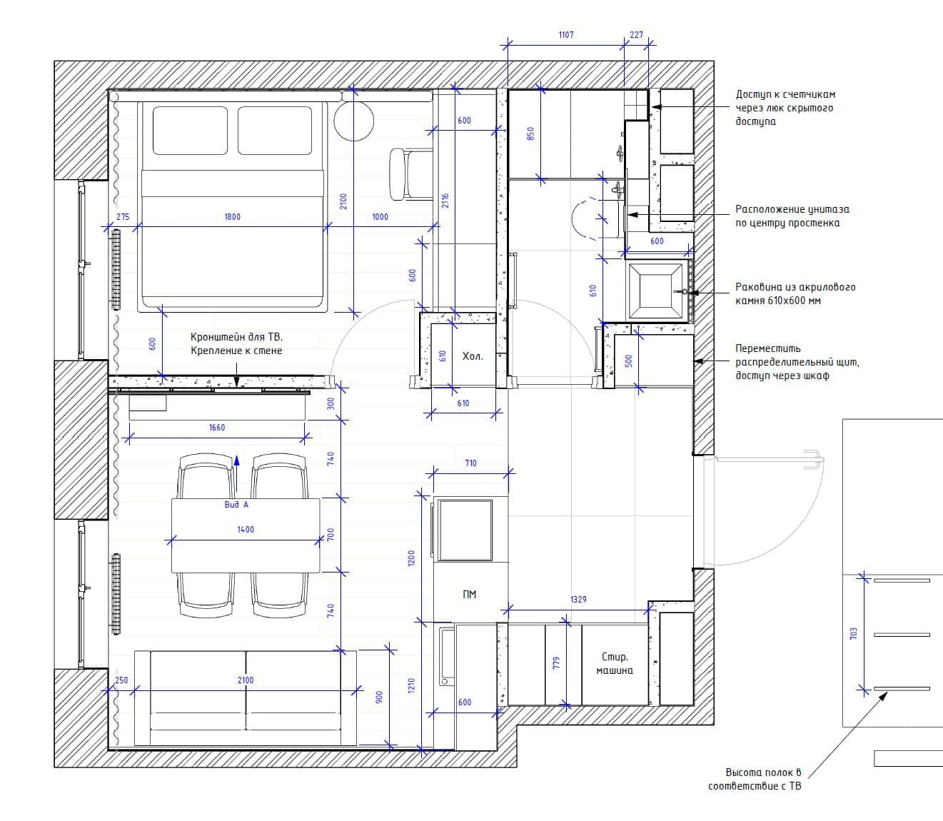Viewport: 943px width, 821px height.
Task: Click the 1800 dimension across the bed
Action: pos(232,216)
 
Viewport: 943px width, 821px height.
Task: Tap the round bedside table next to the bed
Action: pos(353,121)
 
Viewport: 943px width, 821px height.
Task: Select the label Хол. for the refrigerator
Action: pos(473,356)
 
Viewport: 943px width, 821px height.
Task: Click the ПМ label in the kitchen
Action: pos(469,595)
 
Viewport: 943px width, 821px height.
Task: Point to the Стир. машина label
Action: pos(615,663)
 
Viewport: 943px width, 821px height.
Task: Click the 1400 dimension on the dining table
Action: pos(246,530)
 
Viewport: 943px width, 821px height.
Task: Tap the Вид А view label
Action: pos(236,505)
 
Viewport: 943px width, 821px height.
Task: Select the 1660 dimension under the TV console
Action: pos(217,428)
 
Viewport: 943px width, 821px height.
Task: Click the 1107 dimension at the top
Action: pos(566,34)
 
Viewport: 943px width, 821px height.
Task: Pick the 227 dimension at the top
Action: pos(637,34)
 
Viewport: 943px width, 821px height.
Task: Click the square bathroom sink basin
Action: pos(655,291)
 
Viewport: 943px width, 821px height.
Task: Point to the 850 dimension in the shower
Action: pos(530,134)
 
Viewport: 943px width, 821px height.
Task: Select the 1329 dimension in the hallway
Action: pos(578,599)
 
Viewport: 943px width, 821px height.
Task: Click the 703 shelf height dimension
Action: pos(853,633)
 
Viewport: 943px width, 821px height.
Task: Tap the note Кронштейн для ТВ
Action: pos(236,337)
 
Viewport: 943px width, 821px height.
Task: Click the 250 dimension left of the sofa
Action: pos(121,680)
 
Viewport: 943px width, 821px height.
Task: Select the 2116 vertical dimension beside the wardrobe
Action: pos(445,201)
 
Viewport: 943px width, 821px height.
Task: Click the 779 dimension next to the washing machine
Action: pos(556,663)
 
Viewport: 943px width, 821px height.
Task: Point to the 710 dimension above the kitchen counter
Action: pos(470,463)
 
